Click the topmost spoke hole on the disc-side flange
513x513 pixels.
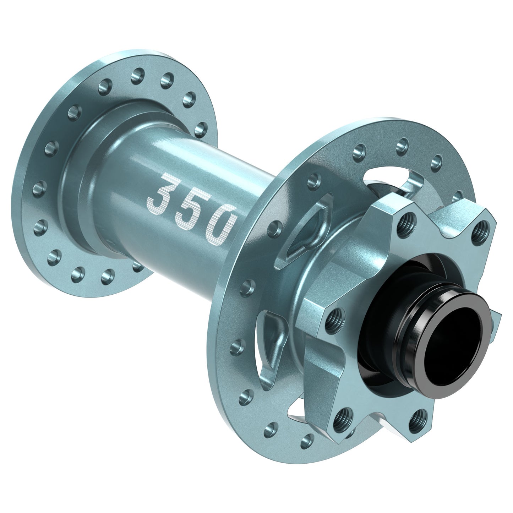[400, 144]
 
